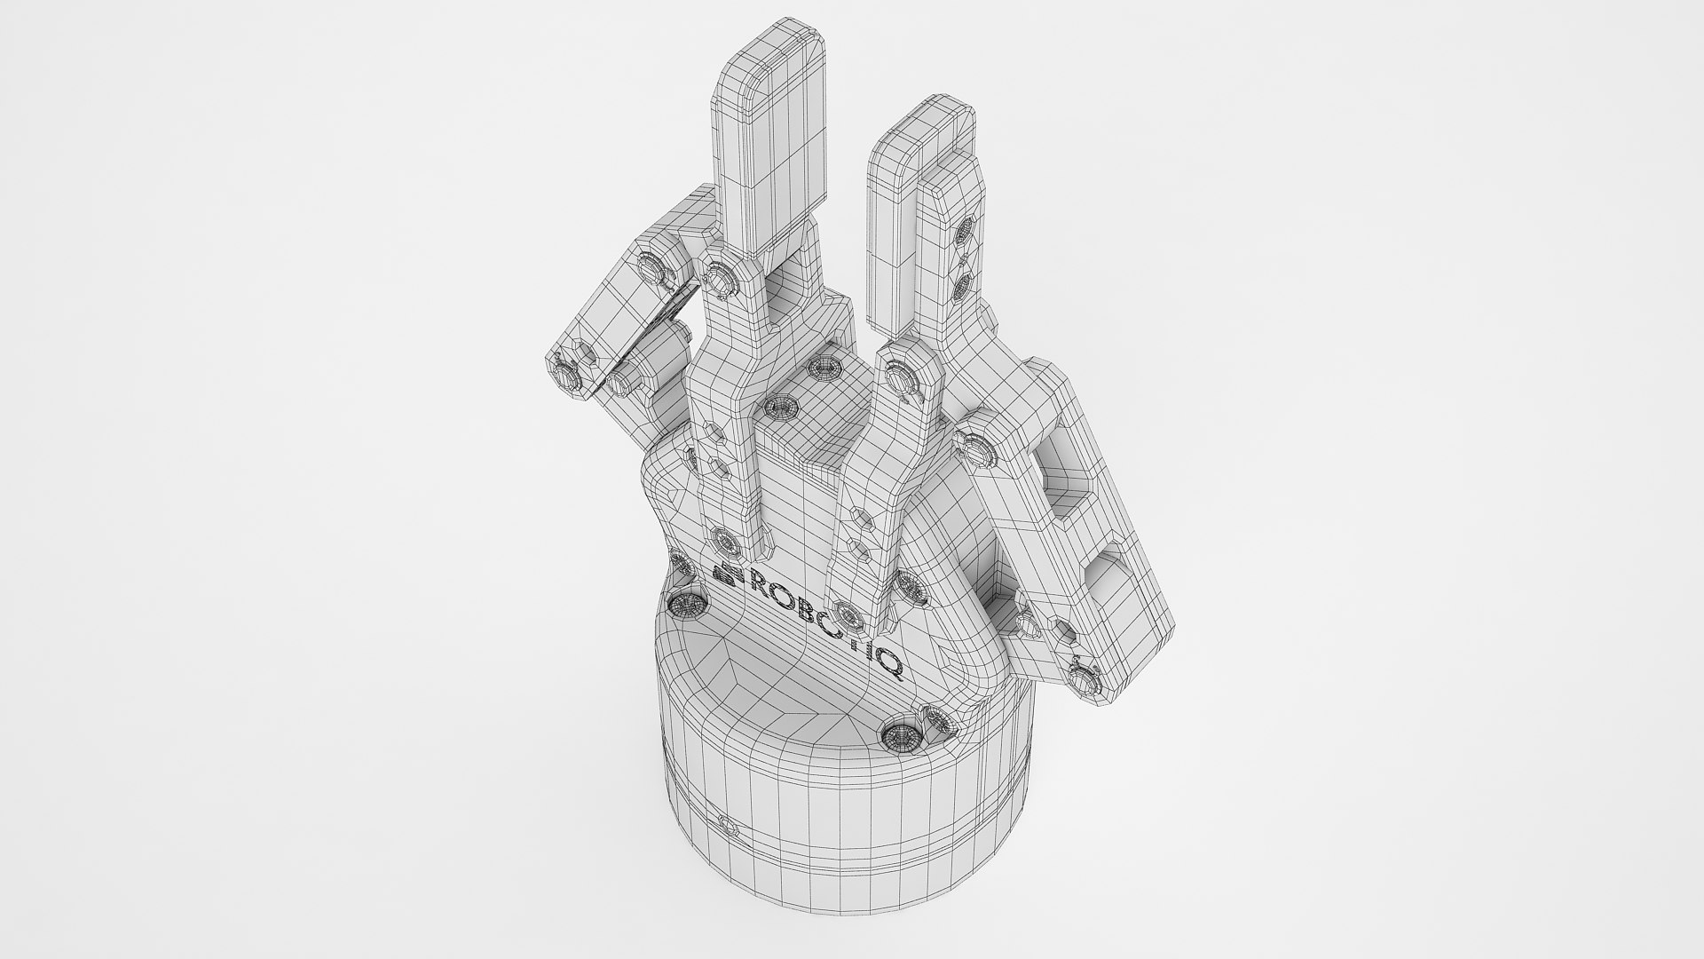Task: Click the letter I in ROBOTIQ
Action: (x=873, y=654)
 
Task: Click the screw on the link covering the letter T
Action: (x=847, y=614)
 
